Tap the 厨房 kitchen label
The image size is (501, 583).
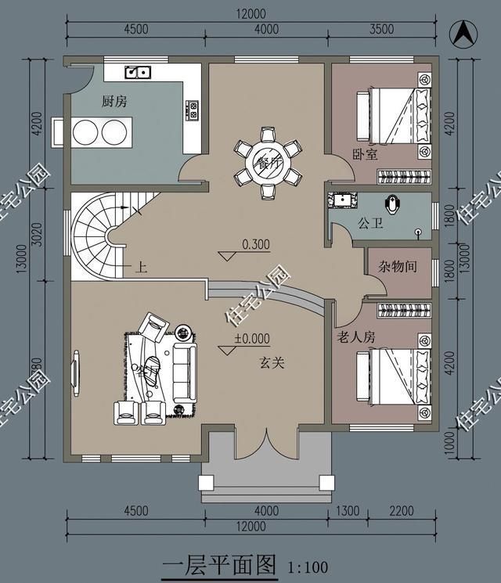coord(114,101)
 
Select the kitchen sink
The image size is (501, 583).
coord(139,73)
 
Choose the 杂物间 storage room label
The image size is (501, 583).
coord(398,265)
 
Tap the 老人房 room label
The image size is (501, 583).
coord(357,337)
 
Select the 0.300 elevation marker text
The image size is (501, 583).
coord(256,244)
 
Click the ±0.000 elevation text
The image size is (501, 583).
coord(252,339)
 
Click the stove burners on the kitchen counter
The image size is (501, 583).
coord(192,110)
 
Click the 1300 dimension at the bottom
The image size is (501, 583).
coord(348,512)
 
